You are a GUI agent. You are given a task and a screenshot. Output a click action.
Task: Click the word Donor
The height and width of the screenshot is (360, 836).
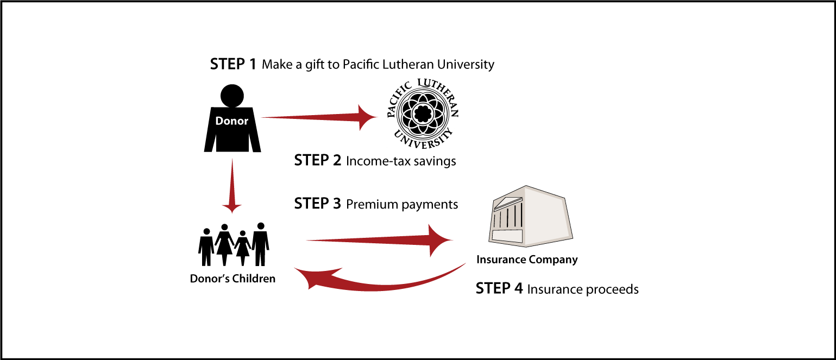click(232, 121)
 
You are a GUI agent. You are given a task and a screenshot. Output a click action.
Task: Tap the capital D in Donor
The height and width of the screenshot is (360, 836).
click(219, 121)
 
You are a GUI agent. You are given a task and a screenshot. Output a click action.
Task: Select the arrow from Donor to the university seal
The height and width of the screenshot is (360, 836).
click(315, 117)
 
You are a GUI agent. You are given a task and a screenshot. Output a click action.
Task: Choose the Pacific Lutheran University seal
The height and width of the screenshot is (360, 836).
click(423, 113)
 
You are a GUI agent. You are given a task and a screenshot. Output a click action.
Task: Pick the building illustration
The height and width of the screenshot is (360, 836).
click(530, 217)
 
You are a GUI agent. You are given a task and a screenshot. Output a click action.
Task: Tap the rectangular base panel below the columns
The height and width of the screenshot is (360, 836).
click(507, 236)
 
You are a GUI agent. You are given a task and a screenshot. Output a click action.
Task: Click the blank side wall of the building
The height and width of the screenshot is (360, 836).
click(546, 214)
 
